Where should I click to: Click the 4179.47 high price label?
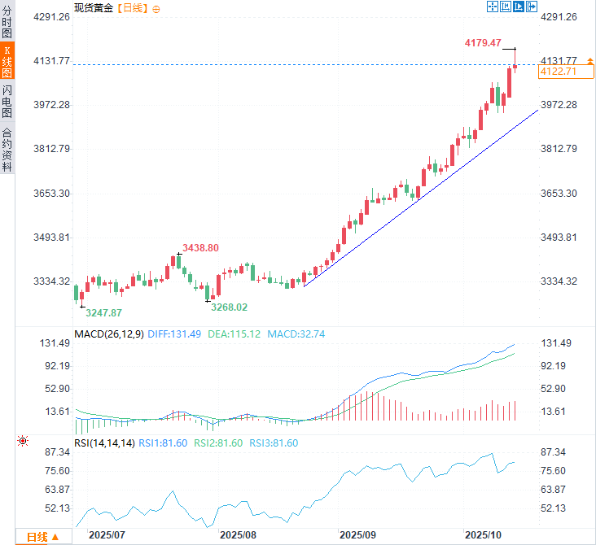[x=484, y=43]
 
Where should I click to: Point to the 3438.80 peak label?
[x=200, y=248]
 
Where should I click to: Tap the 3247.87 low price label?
[x=104, y=312]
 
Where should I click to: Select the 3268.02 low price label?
[x=229, y=307]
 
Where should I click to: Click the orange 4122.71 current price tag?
[x=559, y=72]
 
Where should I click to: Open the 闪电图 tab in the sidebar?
[x=7, y=101]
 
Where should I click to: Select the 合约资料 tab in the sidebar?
[x=7, y=150]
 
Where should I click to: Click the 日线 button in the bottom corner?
[x=42, y=537]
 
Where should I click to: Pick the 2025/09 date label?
[x=358, y=535]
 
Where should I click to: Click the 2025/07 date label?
[x=107, y=535]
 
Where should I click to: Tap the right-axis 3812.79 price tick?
[x=559, y=149]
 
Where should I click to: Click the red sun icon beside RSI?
[x=23, y=441]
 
